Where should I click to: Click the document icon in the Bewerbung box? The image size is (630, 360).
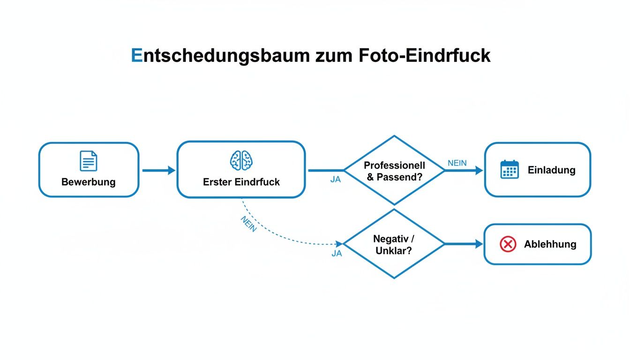tap(89, 161)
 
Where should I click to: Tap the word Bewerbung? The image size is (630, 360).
tap(89, 182)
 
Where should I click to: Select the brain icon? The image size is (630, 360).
tap(241, 161)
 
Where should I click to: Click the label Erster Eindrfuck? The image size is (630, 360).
tap(241, 182)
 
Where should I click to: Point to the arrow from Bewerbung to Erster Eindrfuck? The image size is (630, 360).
tap(158, 171)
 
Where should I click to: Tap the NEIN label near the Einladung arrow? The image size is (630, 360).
tap(457, 163)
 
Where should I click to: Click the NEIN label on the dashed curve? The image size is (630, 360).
tap(248, 225)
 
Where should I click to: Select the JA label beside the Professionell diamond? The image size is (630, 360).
tap(336, 180)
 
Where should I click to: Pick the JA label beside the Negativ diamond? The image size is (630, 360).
tap(337, 254)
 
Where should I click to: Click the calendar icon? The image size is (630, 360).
tap(509, 169)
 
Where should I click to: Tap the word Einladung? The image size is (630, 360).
tap(551, 170)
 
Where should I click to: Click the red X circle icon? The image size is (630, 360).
tap(508, 244)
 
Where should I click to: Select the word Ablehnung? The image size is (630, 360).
tap(550, 244)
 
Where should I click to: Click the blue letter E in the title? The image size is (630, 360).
tap(136, 55)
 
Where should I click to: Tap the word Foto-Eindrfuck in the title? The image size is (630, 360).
tap(425, 55)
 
